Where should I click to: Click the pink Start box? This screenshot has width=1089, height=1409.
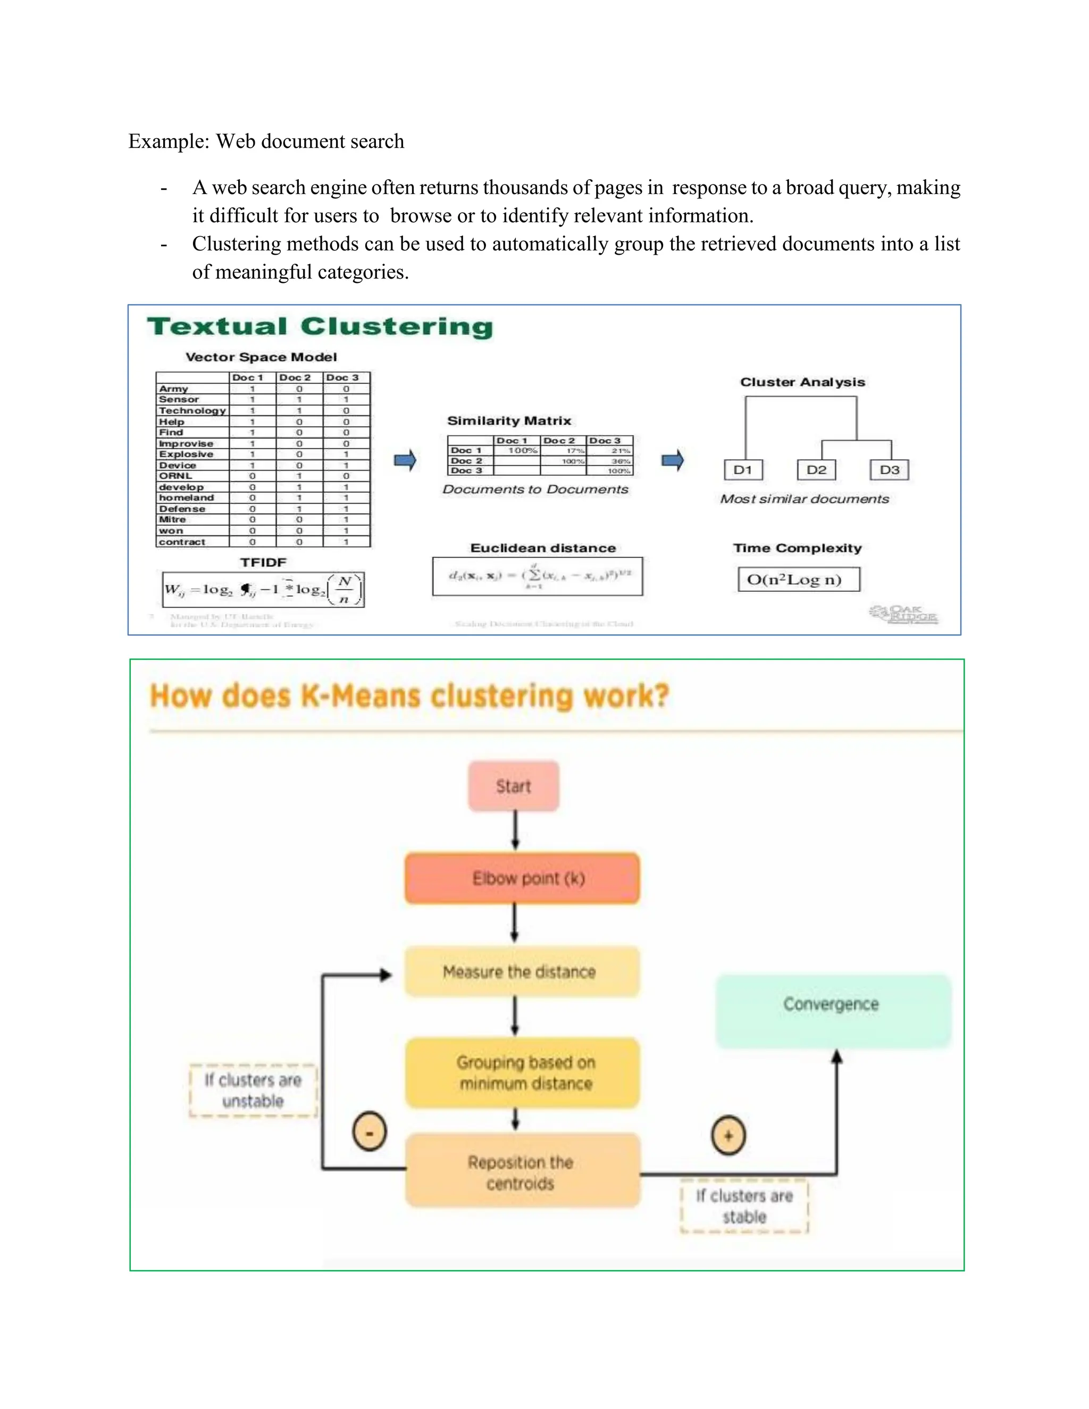[x=514, y=786]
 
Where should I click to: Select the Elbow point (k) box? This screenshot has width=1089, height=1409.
[x=523, y=878]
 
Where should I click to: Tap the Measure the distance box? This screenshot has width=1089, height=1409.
[x=523, y=971]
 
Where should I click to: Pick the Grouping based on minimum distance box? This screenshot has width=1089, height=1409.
[x=523, y=1072]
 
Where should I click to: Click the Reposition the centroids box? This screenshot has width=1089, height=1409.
[x=523, y=1172]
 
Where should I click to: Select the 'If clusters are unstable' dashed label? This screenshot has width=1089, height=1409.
[x=254, y=1091]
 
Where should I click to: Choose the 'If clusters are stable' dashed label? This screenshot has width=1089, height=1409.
[x=744, y=1206]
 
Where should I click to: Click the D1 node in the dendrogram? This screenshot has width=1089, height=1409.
[x=743, y=469]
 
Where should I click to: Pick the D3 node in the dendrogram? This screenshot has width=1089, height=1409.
[x=890, y=469]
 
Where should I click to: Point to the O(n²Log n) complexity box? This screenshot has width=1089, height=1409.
[x=799, y=580]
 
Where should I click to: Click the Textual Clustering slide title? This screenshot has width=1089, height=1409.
[x=320, y=326]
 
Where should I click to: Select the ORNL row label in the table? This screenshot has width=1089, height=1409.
[x=175, y=476]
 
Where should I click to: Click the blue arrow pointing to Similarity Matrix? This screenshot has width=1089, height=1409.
[x=405, y=460]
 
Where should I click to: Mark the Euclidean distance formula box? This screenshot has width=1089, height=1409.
[x=538, y=576]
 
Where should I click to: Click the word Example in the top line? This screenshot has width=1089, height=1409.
[x=167, y=141]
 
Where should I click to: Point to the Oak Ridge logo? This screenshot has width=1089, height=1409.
[x=903, y=614]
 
